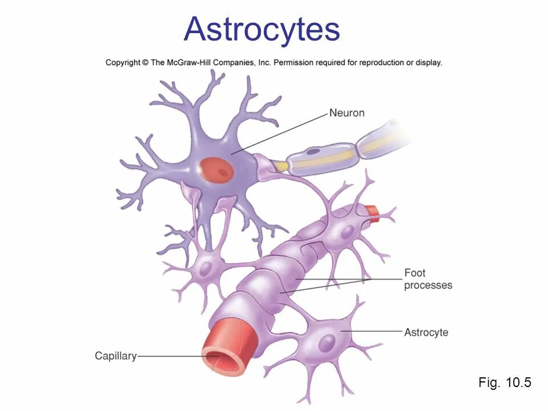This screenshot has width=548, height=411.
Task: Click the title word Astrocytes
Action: tap(261, 30)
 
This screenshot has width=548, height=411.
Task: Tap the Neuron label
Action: tap(346, 113)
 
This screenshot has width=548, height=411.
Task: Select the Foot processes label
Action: tap(428, 279)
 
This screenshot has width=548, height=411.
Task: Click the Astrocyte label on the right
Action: tap(426, 332)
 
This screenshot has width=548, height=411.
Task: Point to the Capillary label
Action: tap(116, 356)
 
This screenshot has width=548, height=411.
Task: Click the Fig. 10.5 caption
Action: tap(505, 382)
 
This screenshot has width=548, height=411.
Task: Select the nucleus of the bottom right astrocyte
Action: tap(327, 342)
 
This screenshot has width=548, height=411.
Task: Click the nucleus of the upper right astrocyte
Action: tap(346, 231)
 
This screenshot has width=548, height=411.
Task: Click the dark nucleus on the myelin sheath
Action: tap(313, 153)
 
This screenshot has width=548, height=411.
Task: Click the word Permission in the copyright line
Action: tap(296, 63)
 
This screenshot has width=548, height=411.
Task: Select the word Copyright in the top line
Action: tap(123, 63)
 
